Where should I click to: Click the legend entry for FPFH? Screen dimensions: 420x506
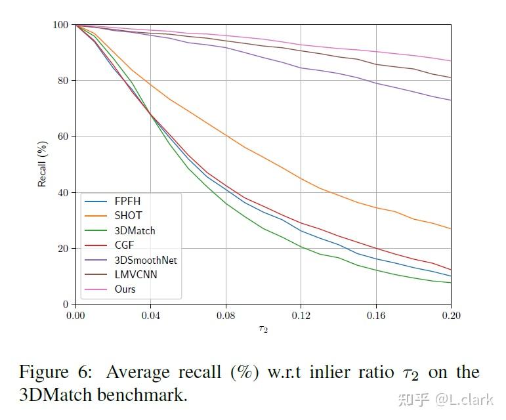coord(127,201)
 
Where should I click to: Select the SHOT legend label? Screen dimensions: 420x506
coord(127,215)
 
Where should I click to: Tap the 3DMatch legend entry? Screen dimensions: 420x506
coord(135,230)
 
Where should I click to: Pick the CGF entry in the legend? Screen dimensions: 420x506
coord(124,245)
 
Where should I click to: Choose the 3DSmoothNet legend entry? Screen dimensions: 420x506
coord(146,260)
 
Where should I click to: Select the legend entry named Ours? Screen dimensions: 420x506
coord(125,289)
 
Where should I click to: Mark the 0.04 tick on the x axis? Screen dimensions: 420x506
coord(151,316)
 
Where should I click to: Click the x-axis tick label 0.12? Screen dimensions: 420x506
coord(301,316)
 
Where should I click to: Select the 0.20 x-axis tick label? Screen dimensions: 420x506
coord(451,316)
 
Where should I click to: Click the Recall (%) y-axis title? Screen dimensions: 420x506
coord(43,164)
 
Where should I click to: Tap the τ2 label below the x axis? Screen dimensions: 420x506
coord(263,329)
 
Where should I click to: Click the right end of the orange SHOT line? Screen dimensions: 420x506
coord(451,229)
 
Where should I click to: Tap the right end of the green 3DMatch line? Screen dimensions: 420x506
coord(451,283)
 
